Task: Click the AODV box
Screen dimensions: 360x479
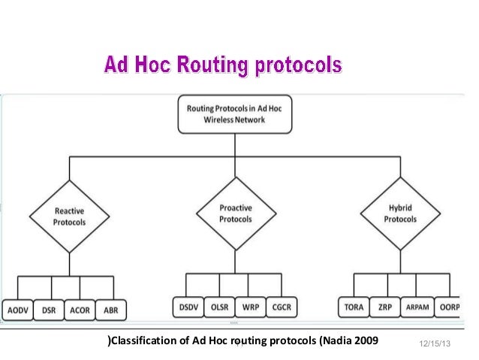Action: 18,310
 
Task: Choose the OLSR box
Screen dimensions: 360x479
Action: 218,309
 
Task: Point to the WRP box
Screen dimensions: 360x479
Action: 251,309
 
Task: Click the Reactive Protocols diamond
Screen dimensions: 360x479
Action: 70,217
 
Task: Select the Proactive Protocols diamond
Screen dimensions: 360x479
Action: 235,213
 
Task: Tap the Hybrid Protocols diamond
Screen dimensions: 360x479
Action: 400,213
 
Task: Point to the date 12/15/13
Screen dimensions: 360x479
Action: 434,344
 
